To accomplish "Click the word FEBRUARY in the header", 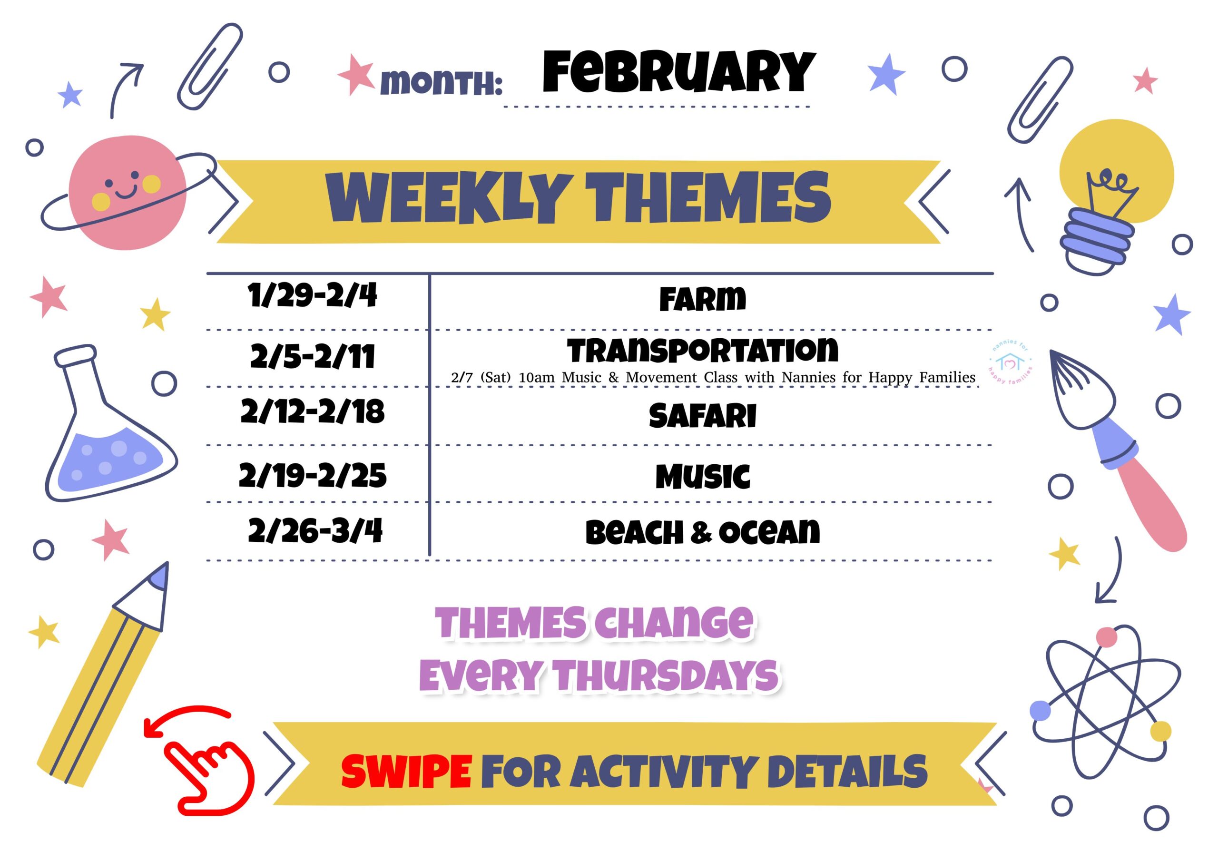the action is (x=678, y=72).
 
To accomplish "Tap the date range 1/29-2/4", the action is (x=312, y=295).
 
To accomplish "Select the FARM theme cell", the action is (x=702, y=299).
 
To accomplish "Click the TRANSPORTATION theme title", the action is (x=702, y=351).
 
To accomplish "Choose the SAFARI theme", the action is (x=702, y=416).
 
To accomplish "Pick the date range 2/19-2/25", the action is (x=313, y=475).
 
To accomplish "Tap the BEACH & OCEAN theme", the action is (x=702, y=532).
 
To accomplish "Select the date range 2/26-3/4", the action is (x=315, y=531).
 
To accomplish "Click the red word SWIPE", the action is (x=406, y=772).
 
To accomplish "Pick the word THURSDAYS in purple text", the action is (x=666, y=675).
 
